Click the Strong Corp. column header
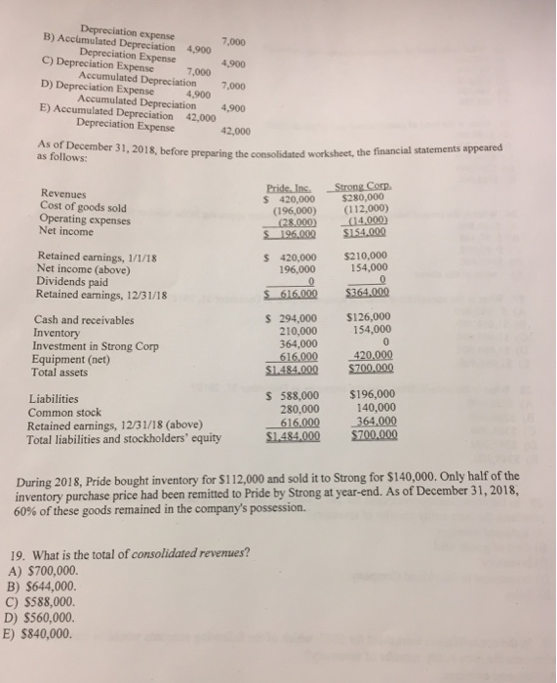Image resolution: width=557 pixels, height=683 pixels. pos(362,187)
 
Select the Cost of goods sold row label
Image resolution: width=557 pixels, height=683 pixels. pos(83,207)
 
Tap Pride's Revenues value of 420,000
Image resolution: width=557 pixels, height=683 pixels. pos(293,199)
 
